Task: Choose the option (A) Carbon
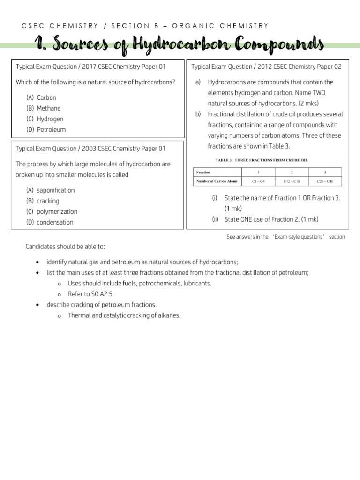tap(42, 97)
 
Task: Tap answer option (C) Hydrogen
tap(45, 119)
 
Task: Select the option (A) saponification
tap(51, 190)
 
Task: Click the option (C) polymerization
tap(52, 211)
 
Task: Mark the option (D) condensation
tap(50, 222)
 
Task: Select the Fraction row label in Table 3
tap(203, 172)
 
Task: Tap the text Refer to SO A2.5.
tap(91, 294)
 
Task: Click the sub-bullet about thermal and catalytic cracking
tap(124, 315)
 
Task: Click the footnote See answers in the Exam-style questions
tap(285, 237)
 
